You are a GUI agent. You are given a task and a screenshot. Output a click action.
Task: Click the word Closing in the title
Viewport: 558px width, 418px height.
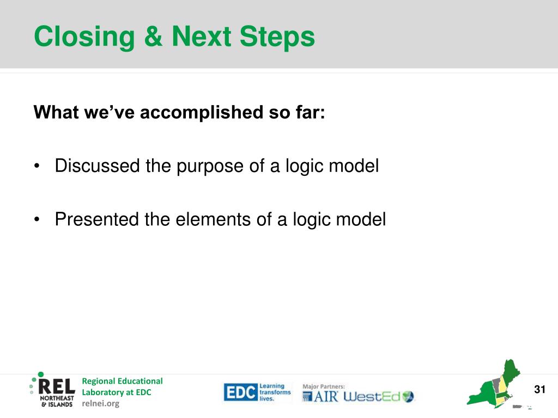click(84, 37)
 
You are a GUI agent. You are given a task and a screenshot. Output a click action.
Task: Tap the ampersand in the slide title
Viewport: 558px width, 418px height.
click(153, 36)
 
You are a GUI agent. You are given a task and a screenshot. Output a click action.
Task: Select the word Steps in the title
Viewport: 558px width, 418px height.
click(277, 37)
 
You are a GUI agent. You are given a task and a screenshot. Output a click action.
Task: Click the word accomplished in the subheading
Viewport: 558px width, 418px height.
click(202, 113)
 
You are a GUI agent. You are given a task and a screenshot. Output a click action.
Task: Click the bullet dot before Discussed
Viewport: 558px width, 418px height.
click(37, 166)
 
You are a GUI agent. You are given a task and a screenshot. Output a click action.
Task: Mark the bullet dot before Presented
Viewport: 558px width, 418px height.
click(37, 219)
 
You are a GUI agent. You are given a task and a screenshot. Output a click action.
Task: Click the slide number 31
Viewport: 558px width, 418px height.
click(540, 389)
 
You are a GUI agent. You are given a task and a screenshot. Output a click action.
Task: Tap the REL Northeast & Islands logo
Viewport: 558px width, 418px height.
click(53, 390)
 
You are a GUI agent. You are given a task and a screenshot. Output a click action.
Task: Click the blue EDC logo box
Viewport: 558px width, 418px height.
click(240, 392)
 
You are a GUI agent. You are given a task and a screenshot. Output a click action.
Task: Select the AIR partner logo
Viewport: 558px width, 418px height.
click(320, 396)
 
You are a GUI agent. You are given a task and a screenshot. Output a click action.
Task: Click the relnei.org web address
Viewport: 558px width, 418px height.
click(101, 403)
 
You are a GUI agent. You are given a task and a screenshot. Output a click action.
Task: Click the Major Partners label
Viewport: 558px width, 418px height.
click(324, 386)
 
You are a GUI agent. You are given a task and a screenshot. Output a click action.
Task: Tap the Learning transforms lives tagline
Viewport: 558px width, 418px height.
click(275, 392)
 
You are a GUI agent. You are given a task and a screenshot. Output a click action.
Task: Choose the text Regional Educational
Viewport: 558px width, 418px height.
click(122, 381)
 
